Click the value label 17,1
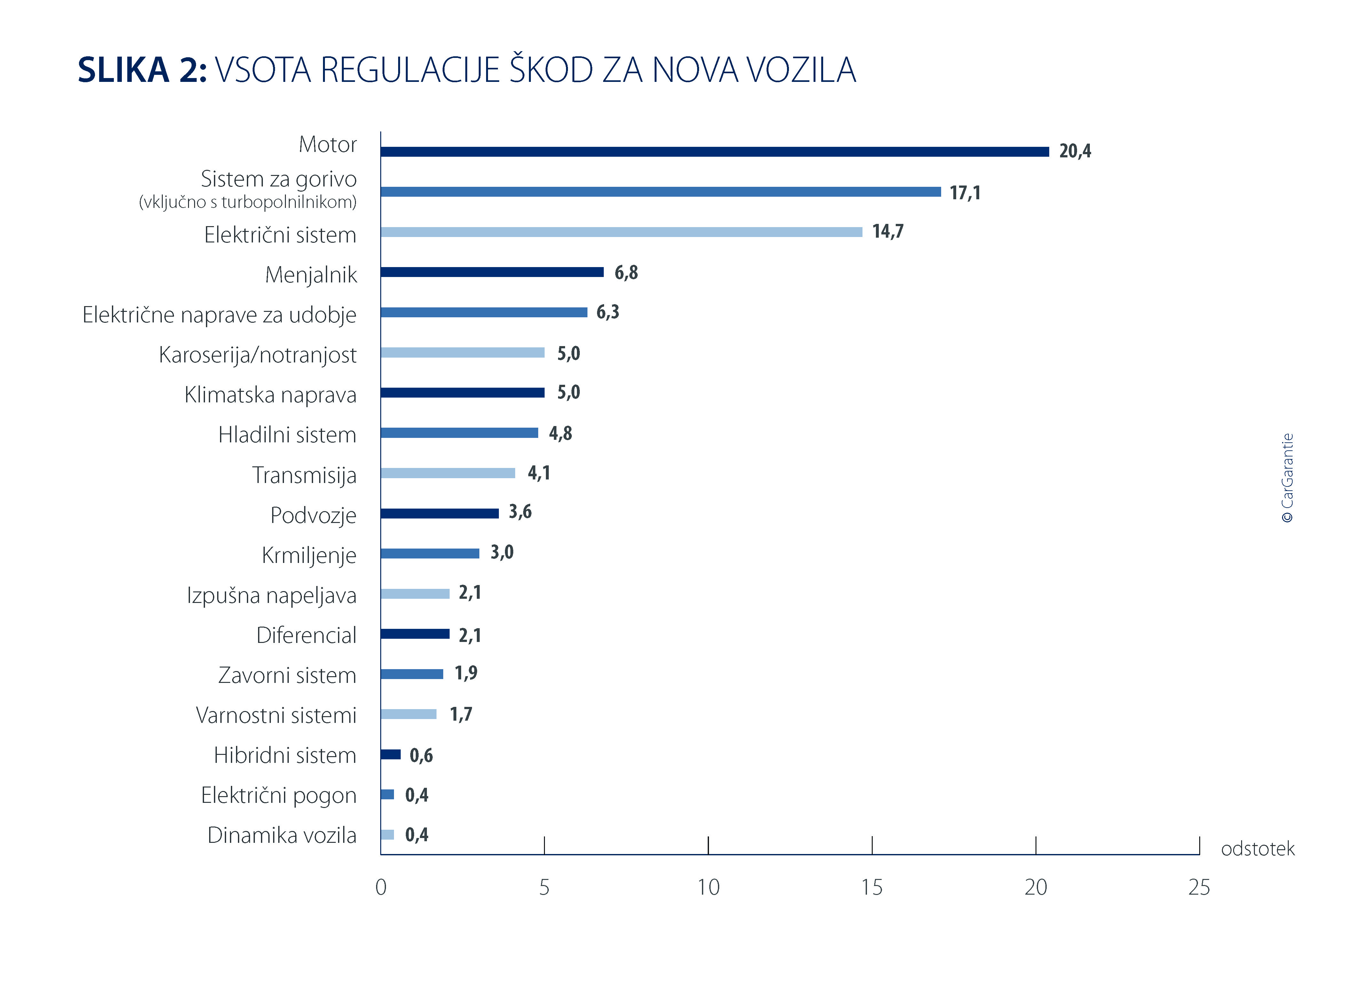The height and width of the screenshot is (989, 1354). pos(965,193)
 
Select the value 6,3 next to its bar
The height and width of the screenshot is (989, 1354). pos(608,312)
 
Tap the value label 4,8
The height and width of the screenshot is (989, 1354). pos(560,433)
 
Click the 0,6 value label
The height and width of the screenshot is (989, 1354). pos(421,756)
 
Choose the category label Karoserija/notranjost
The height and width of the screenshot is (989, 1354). pos(257,355)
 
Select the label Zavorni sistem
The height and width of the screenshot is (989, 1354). pos(287,675)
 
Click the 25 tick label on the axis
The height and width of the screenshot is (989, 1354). pos(1199,887)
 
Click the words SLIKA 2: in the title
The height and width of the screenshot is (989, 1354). pos(142,70)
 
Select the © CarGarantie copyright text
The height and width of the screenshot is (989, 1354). pos(1287,478)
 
